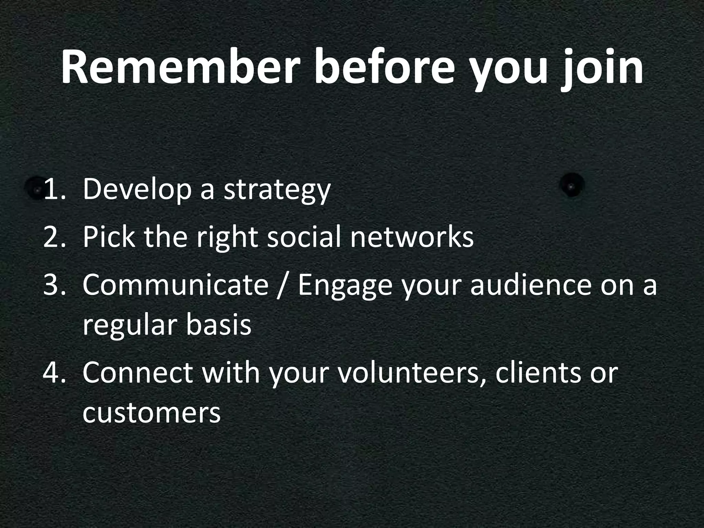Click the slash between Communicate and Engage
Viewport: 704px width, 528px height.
(283, 286)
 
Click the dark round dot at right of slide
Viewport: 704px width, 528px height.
(572, 186)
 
